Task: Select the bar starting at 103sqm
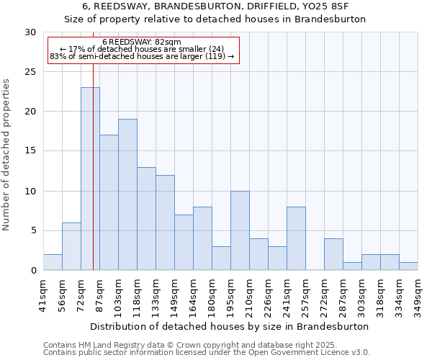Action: (127, 194)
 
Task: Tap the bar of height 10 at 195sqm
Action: (240, 230)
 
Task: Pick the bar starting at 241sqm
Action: (296, 238)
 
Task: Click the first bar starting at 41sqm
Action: (53, 262)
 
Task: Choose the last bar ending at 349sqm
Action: (408, 266)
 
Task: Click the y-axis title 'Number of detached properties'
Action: (6, 155)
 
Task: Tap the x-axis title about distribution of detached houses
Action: (230, 326)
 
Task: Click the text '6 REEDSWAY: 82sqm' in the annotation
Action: (142, 42)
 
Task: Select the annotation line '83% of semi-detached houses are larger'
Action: (142, 56)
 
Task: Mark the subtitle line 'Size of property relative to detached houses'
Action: (215, 19)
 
